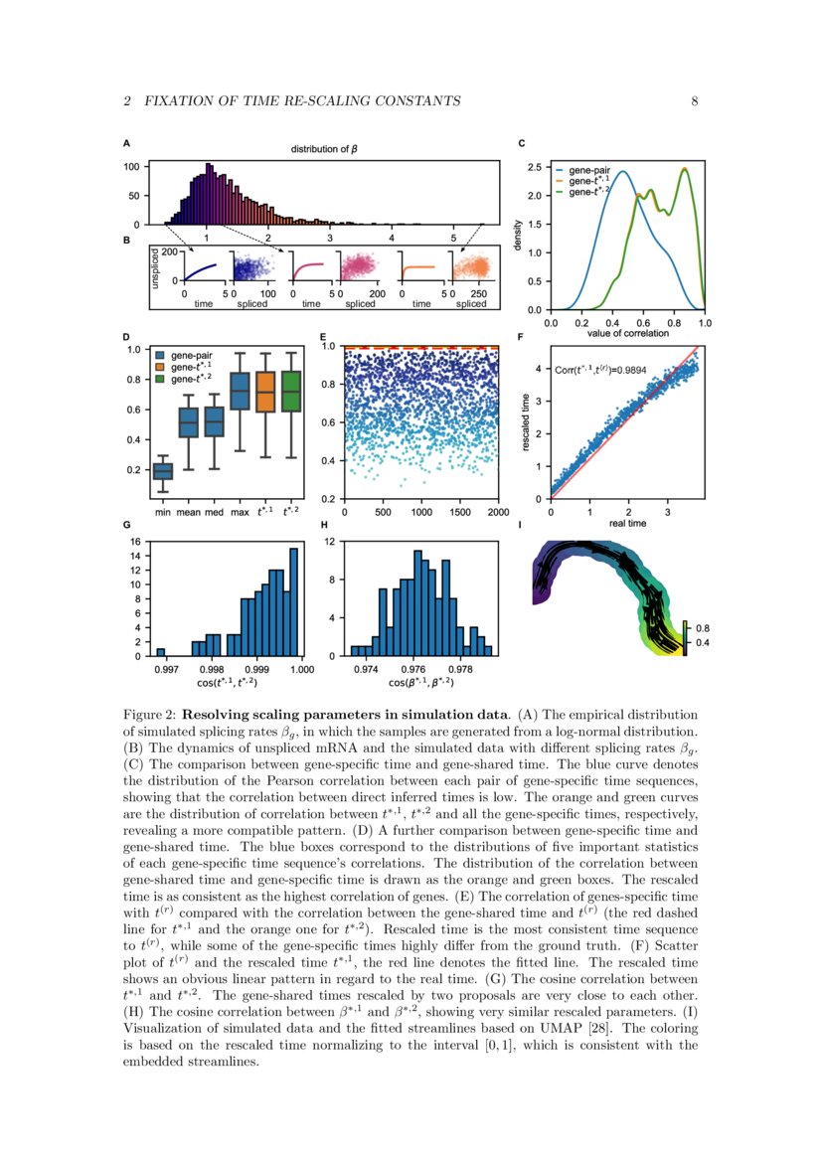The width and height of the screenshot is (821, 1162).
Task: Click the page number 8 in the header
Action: click(695, 101)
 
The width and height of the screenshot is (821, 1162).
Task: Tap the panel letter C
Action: click(523, 143)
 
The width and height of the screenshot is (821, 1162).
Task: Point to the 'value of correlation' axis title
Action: click(628, 333)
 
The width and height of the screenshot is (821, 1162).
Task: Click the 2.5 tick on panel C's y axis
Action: click(535, 167)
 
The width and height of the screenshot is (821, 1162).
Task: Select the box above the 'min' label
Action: click(162, 471)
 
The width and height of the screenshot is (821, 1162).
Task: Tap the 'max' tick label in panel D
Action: click(240, 513)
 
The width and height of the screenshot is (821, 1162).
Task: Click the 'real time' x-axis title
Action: click(628, 523)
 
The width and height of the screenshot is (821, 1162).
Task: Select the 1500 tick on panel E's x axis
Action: click(458, 513)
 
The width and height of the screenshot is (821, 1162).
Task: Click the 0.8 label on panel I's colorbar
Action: click(702, 628)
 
